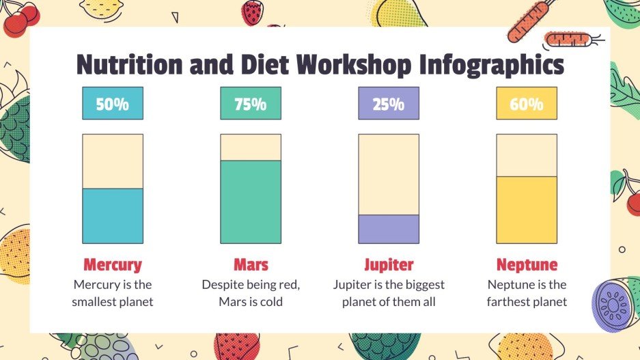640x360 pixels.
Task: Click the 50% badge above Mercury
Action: pyautogui.click(x=113, y=104)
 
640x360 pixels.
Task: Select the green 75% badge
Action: pyautogui.click(x=250, y=104)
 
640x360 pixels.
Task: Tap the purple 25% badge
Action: pyautogui.click(x=388, y=104)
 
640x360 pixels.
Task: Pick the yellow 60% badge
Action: pyautogui.click(x=526, y=104)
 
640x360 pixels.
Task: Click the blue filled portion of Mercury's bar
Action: pyautogui.click(x=113, y=216)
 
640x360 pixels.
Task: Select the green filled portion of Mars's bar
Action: pyautogui.click(x=250, y=202)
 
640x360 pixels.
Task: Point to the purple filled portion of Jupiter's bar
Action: pyautogui.click(x=388, y=230)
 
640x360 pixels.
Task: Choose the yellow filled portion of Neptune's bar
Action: pyautogui.click(x=526, y=210)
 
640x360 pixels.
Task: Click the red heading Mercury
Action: pyautogui.click(x=113, y=264)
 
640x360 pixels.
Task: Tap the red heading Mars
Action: pyautogui.click(x=251, y=264)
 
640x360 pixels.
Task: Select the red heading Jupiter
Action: pyautogui.click(x=388, y=264)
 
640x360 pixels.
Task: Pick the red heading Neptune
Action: pyautogui.click(x=527, y=264)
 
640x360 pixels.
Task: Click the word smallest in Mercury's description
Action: pyautogui.click(x=98, y=301)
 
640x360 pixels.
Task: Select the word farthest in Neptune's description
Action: pyautogui.click(x=511, y=301)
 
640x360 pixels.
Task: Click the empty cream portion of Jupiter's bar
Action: pyautogui.click(x=388, y=175)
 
